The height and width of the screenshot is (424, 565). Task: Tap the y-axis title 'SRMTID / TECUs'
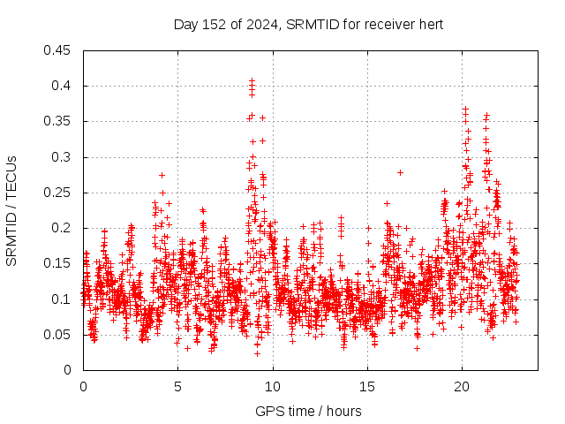[11, 210]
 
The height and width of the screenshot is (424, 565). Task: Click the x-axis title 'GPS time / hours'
[308, 411]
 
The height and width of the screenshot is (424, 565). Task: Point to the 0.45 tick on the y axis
[59, 50]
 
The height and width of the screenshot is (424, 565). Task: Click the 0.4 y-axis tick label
[63, 86]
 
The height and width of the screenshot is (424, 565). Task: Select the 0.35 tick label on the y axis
[59, 121]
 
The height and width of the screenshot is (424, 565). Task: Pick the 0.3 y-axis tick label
[63, 157]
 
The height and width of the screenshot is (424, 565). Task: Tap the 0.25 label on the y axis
[59, 193]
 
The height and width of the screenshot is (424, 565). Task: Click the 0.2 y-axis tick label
[63, 228]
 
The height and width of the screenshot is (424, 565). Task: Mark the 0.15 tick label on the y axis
[59, 263]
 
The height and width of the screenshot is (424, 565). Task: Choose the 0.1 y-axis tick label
[63, 299]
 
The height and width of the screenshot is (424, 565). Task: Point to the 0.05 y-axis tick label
[59, 334]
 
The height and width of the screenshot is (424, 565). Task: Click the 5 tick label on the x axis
[177, 386]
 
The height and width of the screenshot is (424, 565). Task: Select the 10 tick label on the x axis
[273, 386]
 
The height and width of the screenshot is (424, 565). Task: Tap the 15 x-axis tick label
[367, 386]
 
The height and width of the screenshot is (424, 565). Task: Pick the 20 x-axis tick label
[462, 386]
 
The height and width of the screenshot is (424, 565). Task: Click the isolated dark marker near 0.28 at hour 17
[400, 172]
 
